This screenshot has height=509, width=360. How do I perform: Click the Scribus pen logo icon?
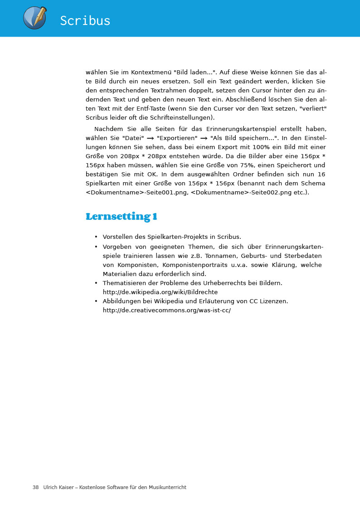[35, 18]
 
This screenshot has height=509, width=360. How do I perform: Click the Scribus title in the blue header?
[85, 21]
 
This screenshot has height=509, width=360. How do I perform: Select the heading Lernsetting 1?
[122, 217]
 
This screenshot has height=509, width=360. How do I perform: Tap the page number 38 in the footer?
[35, 487]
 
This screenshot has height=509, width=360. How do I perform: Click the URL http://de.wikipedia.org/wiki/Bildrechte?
[160, 292]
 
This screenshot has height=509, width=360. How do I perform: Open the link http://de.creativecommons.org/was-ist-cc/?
[166, 310]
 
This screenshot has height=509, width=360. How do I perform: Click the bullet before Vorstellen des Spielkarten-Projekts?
[96, 237]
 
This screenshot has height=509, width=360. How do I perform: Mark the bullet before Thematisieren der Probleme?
[96, 283]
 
